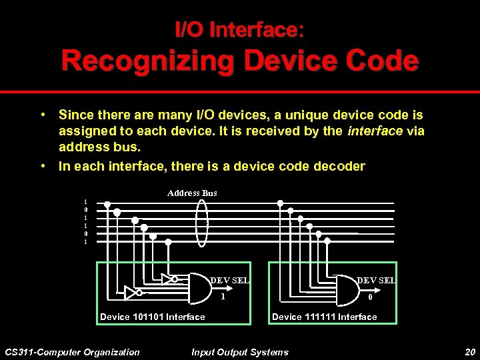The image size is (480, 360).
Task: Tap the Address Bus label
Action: pos(192,193)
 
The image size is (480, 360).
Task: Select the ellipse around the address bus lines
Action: pos(203,221)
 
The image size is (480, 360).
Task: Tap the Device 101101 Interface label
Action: pos(152,317)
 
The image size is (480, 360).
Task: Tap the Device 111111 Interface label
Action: pos(324,317)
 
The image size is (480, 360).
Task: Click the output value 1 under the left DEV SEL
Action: pos(223,295)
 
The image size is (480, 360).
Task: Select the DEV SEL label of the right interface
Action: pos(376,281)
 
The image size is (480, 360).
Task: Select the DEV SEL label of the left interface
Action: pos(230,281)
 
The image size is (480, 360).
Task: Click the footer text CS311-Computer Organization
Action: pos(72,352)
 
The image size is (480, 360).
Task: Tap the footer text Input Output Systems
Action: pos(240,352)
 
